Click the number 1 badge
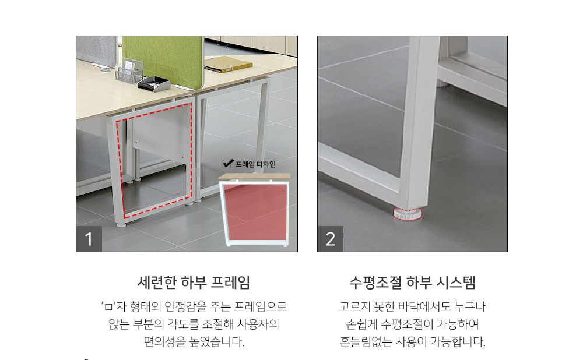pyautogui.click(x=89, y=239)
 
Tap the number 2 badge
pyautogui.click(x=331, y=239)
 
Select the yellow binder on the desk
pyautogui.click(x=228, y=64)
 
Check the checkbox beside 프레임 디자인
pyautogui.click(x=228, y=164)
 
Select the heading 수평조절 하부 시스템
pyautogui.click(x=412, y=283)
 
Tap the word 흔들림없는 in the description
pyautogui.click(x=364, y=341)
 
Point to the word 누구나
pyautogui.click(x=471, y=306)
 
